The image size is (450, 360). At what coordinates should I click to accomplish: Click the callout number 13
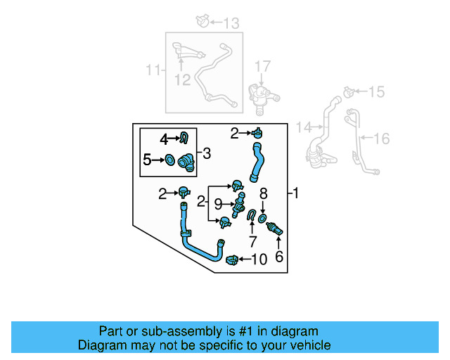coord(231,23)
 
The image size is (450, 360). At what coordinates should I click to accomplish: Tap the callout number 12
coord(182,79)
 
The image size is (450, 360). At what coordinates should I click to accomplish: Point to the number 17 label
coord(262,67)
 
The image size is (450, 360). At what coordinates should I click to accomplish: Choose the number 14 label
coord(304,127)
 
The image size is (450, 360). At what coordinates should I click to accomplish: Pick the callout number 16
coord(380,139)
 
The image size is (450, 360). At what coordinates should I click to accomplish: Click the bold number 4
coord(163,139)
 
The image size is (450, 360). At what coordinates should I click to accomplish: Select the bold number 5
coord(147,160)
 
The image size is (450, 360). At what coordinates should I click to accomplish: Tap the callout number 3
coord(207,153)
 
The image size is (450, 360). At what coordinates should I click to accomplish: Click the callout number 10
coord(259,259)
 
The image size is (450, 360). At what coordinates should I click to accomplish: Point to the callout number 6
coord(278,257)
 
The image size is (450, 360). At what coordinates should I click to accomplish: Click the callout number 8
coord(264,193)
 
